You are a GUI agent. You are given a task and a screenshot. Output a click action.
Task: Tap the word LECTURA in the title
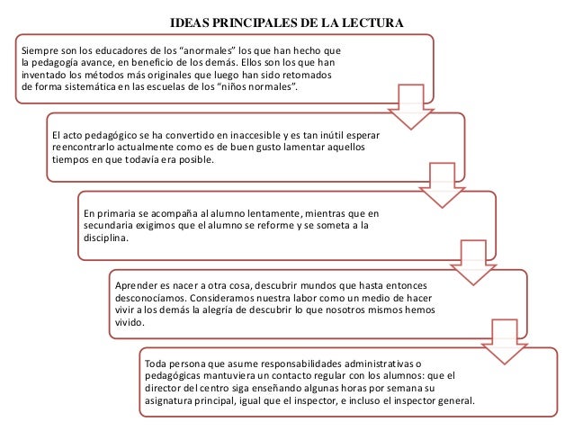(x=372, y=22)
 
